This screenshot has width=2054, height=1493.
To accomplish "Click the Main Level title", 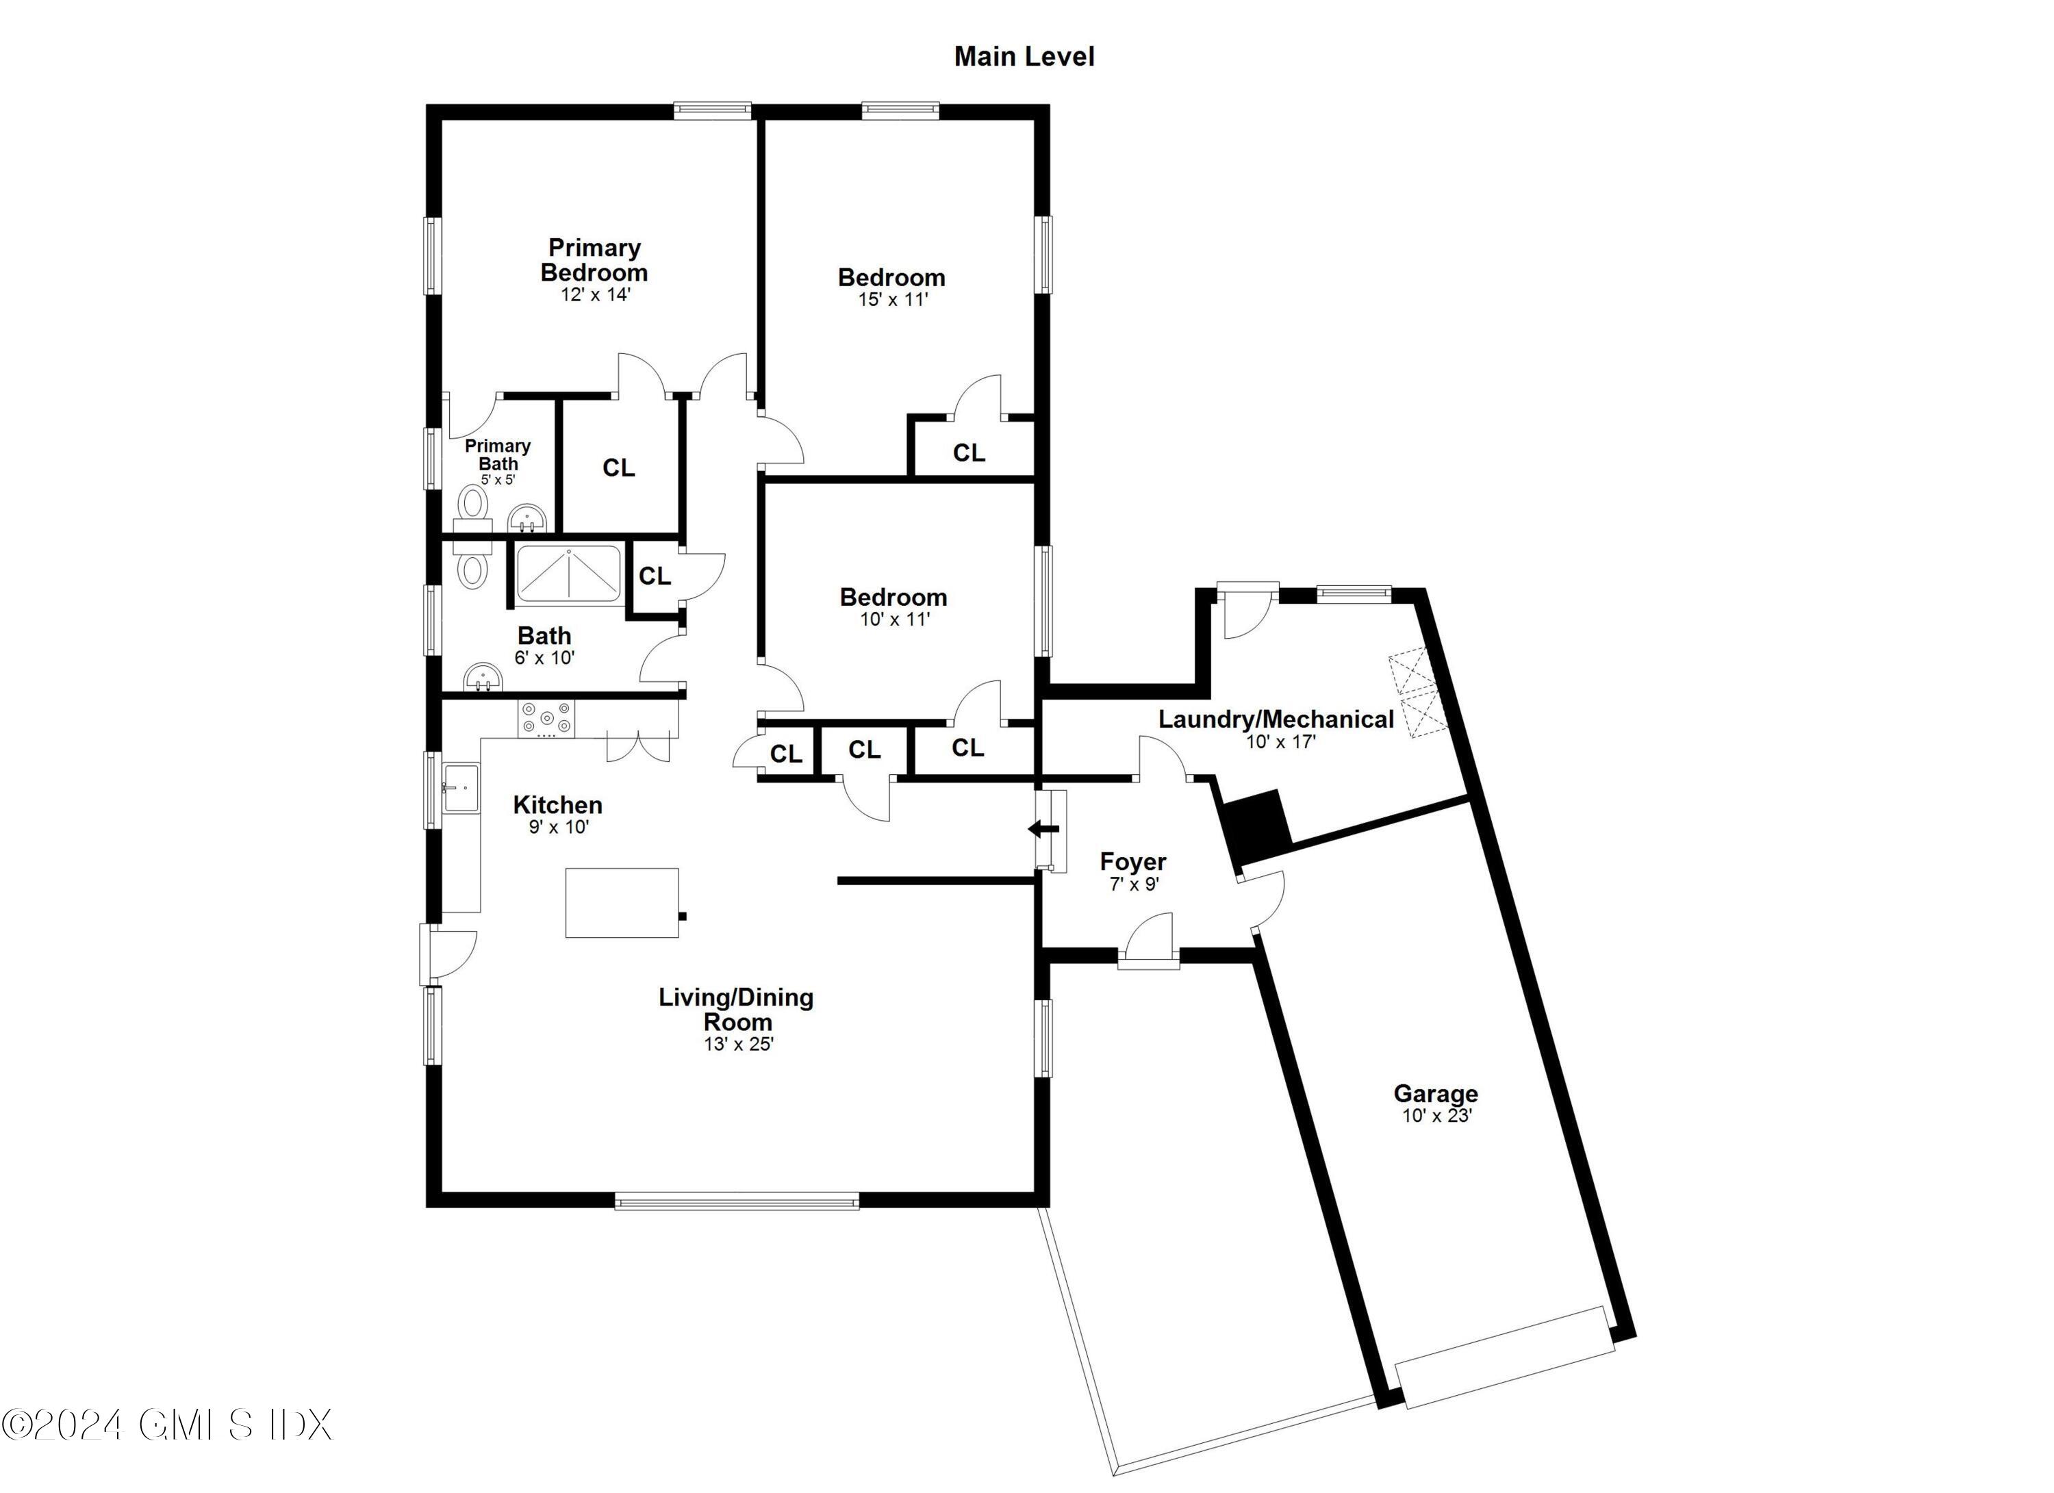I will pos(1024,56).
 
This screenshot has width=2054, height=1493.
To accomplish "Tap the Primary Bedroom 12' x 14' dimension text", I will pos(594,295).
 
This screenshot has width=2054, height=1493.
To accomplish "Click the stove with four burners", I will pos(546,719).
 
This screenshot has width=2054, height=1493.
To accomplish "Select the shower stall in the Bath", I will pos(569,575).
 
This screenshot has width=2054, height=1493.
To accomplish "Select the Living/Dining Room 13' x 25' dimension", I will pos(738,1044).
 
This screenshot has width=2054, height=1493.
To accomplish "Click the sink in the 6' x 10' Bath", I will pos(483,677).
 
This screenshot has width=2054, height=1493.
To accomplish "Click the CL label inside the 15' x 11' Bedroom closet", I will pos(968,452).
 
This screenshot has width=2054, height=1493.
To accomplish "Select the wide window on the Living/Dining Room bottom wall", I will pos(736,1202).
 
